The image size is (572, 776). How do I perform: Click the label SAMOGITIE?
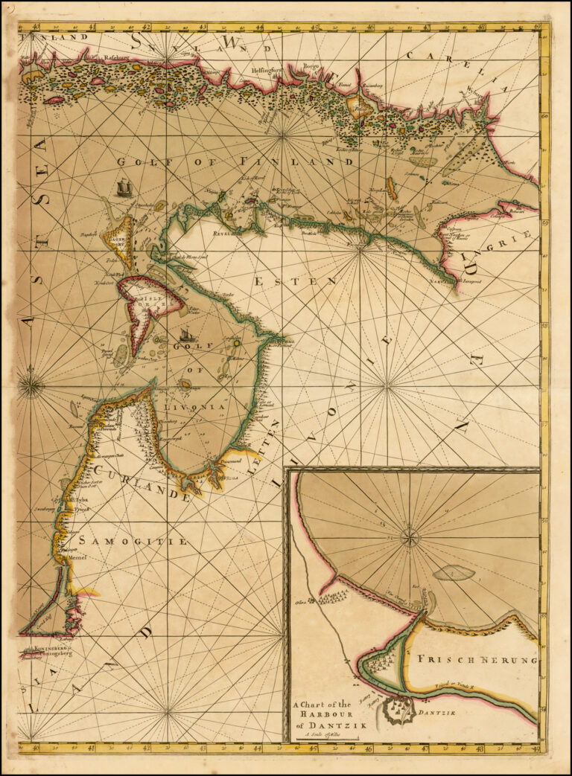pyautogui.click(x=133, y=541)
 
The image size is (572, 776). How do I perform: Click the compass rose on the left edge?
pyautogui.click(x=31, y=385)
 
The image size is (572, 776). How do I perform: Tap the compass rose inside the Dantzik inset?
pyautogui.click(x=410, y=537)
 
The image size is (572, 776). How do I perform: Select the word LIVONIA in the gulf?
pyautogui.click(x=199, y=407)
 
